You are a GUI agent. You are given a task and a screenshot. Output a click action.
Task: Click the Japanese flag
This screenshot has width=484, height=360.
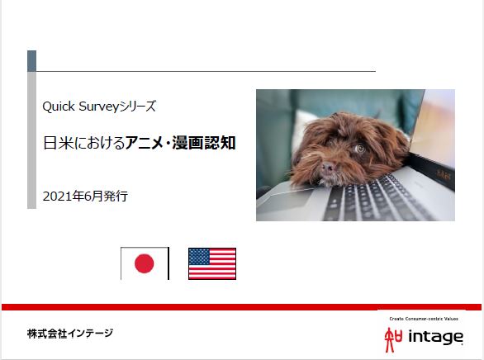click(145, 263)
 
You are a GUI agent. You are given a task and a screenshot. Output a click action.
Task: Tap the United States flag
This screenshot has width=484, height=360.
click(211, 263)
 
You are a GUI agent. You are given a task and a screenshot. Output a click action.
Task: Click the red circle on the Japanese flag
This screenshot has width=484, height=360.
click(145, 263)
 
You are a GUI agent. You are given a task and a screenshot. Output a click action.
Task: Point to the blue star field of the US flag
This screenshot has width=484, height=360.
click(198, 256)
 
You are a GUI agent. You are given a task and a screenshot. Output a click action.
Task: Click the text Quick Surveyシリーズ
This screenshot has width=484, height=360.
click(99, 107)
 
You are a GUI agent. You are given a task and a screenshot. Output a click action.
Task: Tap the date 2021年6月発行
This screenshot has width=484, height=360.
click(85, 197)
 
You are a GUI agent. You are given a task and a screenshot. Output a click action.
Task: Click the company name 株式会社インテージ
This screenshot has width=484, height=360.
click(69, 334)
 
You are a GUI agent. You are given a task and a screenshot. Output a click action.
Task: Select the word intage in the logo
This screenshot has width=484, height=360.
click(437, 337)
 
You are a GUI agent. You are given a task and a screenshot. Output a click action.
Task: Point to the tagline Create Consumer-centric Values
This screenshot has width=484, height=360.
click(422, 319)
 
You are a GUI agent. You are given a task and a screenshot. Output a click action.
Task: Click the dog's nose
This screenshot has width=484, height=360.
click(329, 168)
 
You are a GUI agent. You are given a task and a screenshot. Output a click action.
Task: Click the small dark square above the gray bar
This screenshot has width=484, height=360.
click(31, 61)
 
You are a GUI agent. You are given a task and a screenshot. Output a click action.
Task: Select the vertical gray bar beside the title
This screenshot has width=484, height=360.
click(31, 140)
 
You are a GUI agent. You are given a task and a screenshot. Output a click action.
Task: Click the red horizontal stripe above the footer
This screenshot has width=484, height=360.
click(242, 306)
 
